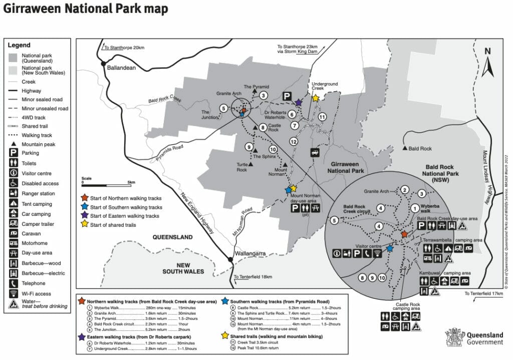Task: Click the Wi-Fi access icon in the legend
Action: coord(14,294)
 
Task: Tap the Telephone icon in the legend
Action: coord(14,283)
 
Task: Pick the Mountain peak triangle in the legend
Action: coord(14,145)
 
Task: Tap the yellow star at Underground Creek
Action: coord(315,99)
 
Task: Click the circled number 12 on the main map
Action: coord(294,142)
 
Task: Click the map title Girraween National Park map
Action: coord(86,10)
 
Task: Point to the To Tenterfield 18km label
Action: coord(253,277)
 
